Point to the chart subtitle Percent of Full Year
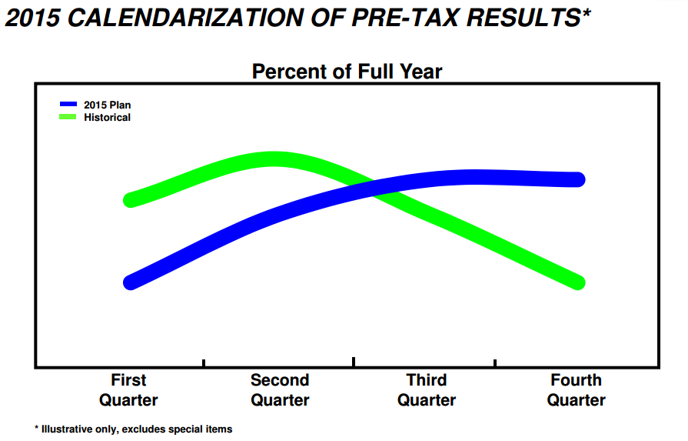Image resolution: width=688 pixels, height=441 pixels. (x=347, y=72)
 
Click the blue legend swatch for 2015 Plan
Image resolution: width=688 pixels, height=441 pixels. (x=68, y=104)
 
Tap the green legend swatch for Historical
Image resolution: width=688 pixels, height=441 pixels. (x=68, y=117)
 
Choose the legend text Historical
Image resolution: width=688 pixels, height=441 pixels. (x=107, y=118)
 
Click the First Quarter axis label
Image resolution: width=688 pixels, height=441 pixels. (x=128, y=390)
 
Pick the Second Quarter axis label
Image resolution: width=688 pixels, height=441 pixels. (x=280, y=390)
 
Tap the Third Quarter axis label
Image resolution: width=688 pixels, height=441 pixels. (x=427, y=390)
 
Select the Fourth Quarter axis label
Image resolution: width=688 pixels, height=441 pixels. (x=577, y=390)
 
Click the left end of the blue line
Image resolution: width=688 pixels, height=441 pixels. (x=131, y=282)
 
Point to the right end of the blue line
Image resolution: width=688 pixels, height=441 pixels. (x=578, y=179)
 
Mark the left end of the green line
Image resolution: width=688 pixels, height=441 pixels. (x=131, y=199)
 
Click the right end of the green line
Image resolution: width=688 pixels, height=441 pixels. (x=578, y=282)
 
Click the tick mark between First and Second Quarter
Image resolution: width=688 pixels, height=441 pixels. (x=204, y=362)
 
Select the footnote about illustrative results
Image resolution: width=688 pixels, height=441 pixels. (x=133, y=429)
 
